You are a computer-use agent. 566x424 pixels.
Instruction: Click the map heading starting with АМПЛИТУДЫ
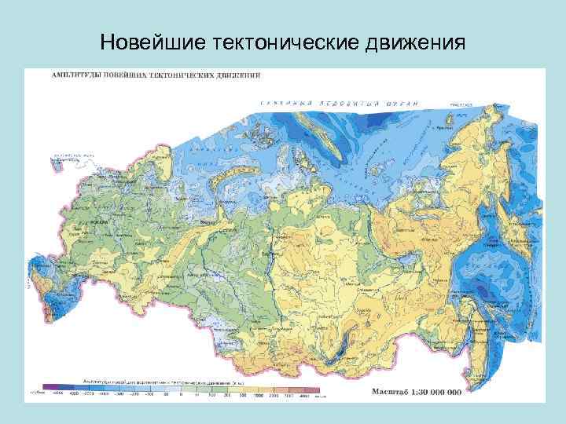[x=157, y=76]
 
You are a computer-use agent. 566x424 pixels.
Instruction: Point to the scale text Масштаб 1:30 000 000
[x=415, y=390]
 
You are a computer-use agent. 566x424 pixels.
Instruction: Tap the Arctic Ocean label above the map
[x=338, y=103]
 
